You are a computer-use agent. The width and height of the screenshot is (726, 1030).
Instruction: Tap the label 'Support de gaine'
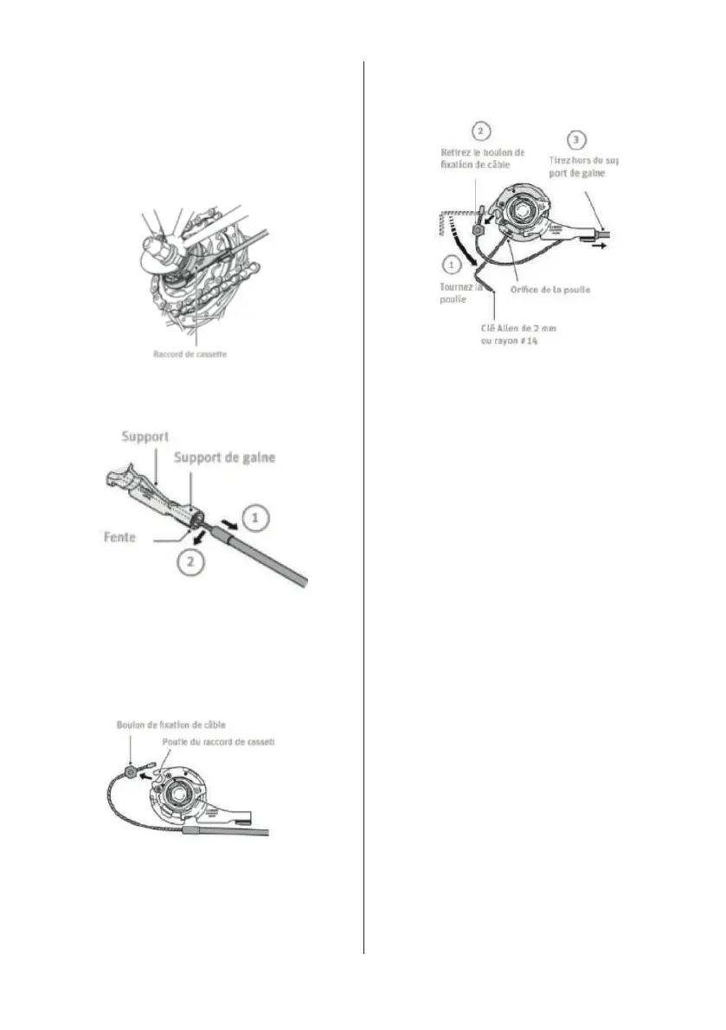(224, 458)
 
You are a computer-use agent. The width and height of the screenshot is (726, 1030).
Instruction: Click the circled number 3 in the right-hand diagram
(577, 139)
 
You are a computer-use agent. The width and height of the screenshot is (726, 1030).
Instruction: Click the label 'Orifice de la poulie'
(549, 289)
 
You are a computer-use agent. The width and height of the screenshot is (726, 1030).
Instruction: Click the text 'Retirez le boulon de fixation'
(482, 158)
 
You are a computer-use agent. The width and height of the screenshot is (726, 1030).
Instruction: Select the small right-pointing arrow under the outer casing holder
(600, 245)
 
